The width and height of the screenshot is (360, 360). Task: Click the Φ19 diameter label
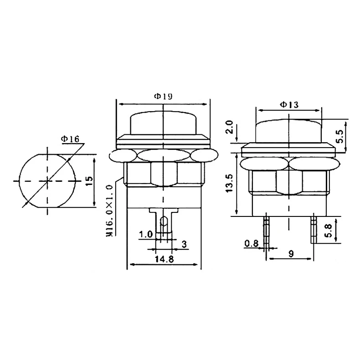coord(163,96)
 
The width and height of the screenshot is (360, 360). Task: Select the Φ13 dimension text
coord(289,105)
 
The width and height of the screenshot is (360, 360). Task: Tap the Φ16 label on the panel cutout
coord(70,139)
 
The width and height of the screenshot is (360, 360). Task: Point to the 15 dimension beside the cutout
coord(89,181)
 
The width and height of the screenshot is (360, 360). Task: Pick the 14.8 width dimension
coord(165,259)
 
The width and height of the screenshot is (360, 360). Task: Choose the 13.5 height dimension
coord(229,183)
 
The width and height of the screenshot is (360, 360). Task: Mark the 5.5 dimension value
coord(339,136)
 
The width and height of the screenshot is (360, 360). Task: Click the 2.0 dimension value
coord(230,127)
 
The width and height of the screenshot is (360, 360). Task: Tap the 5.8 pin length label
coord(328,231)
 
